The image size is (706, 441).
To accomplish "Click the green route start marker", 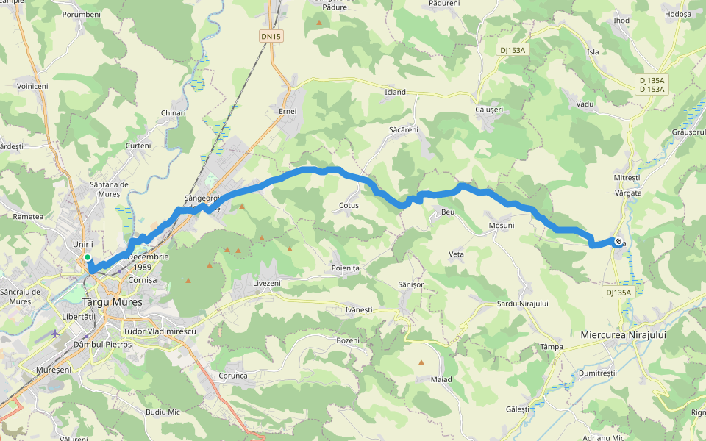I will tap(88, 257).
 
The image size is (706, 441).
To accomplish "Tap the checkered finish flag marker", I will tap(618, 242).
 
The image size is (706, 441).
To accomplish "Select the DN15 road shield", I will tap(271, 36).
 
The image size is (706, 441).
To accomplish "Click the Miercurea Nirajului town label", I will tap(623, 334).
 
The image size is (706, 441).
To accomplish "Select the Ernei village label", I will tap(288, 111).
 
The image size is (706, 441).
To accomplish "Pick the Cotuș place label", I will tap(349, 206).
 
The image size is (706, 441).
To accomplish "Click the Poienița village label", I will tap(345, 268).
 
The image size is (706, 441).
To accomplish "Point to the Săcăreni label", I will tap(403, 129).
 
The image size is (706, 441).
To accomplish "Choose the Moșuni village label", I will tap(501, 225).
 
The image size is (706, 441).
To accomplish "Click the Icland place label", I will tap(396, 93).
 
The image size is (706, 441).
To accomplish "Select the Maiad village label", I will tap(441, 379).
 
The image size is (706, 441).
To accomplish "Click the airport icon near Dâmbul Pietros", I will tap(56, 333).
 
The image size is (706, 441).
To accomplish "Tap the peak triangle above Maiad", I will tap(421, 362).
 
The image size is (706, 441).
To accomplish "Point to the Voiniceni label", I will tap(32, 86).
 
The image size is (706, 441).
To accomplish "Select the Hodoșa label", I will tap(677, 14).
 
